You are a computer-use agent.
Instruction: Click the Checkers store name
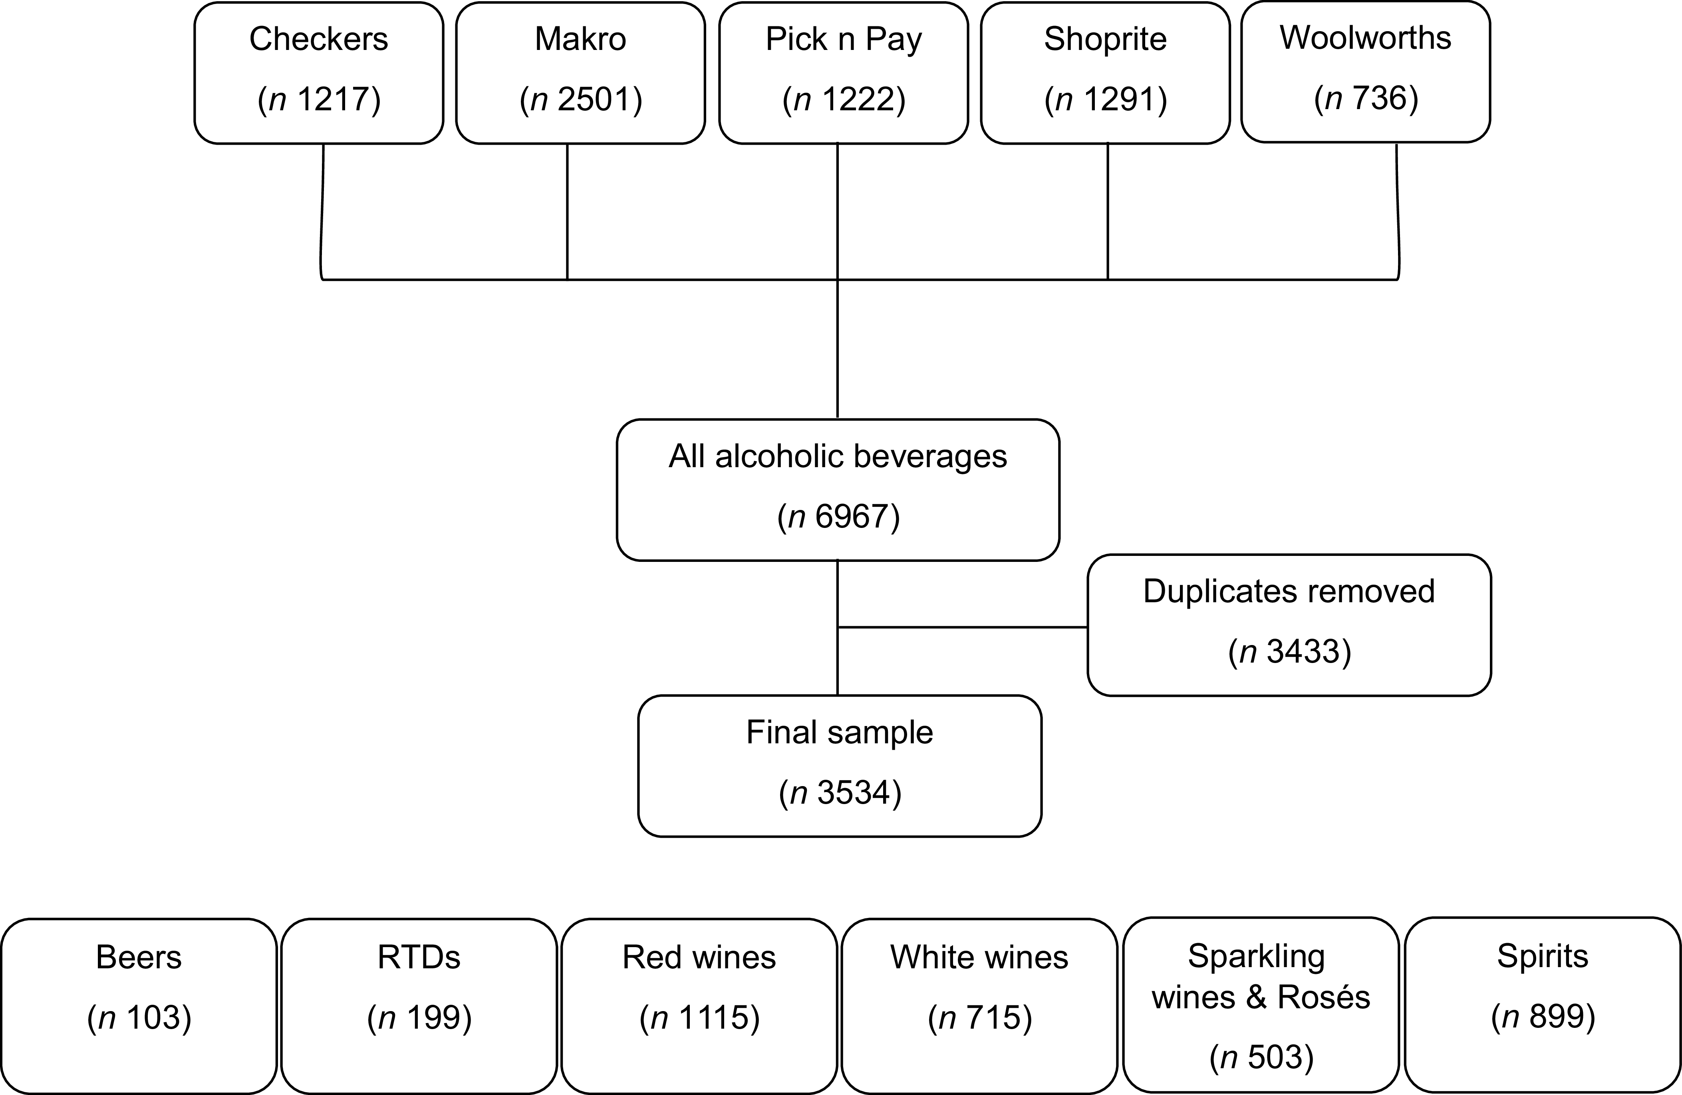pyautogui.click(x=319, y=39)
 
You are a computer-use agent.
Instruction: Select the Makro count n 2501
pyautogui.click(x=581, y=99)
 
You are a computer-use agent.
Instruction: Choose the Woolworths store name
pyautogui.click(x=1365, y=38)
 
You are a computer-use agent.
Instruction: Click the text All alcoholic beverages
pyautogui.click(x=838, y=457)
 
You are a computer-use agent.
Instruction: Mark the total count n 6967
pyautogui.click(x=838, y=517)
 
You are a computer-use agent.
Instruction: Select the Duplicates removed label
pyautogui.click(x=1289, y=592)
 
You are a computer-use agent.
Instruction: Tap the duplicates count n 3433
pyautogui.click(x=1289, y=652)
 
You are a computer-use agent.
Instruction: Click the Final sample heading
pyautogui.click(x=840, y=733)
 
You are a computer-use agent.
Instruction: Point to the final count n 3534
pyautogui.click(x=840, y=793)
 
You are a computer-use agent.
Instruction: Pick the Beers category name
pyautogui.click(x=139, y=958)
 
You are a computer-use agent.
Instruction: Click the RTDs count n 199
pyautogui.click(x=419, y=1018)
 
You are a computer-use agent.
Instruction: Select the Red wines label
pyautogui.click(x=699, y=958)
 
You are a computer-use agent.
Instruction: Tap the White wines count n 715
pyautogui.click(x=979, y=1018)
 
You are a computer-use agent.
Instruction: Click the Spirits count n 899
pyautogui.click(x=1543, y=1017)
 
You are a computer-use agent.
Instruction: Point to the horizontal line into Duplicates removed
pyautogui.click(x=963, y=627)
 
